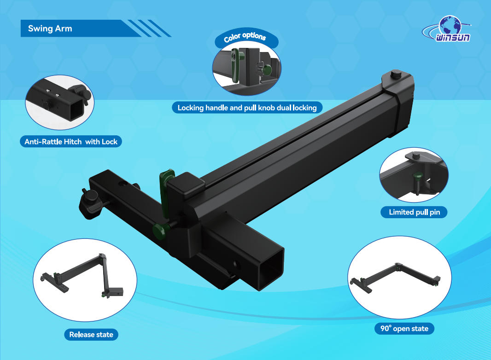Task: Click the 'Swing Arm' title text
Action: (50, 29)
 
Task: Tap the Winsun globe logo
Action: (448, 29)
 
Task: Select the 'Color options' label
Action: (245, 37)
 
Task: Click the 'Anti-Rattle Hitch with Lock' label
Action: (71, 141)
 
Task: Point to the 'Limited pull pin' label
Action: (414, 212)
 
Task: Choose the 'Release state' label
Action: (91, 334)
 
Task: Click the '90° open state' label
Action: (404, 328)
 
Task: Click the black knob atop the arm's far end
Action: (396, 75)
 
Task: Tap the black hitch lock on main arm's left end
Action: (90, 203)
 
